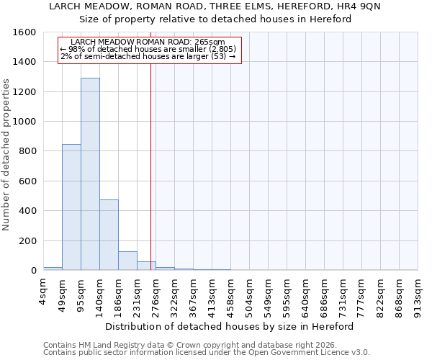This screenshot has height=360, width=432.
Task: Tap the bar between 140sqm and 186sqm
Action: point(109,235)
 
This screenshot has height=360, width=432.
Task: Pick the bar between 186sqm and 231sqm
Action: point(127,261)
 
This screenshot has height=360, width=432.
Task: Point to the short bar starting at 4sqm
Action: point(53,268)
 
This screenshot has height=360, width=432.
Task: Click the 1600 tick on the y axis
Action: point(26,32)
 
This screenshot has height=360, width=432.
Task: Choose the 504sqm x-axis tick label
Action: point(250,294)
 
